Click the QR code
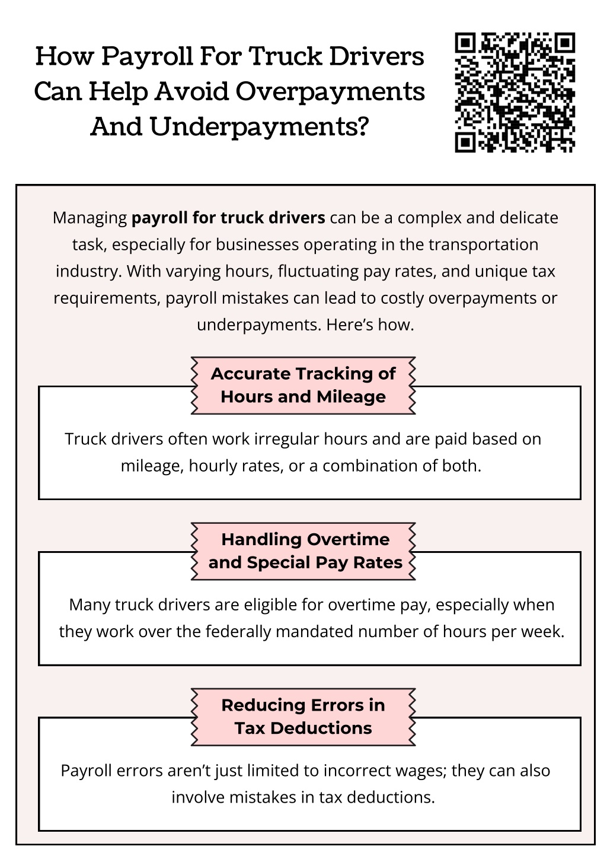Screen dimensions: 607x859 [x=515, y=93]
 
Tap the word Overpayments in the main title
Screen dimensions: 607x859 [x=330, y=93]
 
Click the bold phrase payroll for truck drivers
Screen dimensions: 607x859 [x=228, y=218]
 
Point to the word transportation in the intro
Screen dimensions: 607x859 [x=483, y=244]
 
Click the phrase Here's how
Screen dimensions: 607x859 [x=370, y=325]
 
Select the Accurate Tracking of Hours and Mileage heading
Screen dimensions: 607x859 [x=303, y=385]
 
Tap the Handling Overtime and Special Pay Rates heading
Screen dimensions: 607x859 [x=305, y=551]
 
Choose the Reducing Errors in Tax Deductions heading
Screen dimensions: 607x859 [x=303, y=717]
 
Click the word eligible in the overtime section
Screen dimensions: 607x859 [x=270, y=605]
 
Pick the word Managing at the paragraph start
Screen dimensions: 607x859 [x=90, y=218]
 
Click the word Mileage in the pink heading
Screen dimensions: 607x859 [x=351, y=397]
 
